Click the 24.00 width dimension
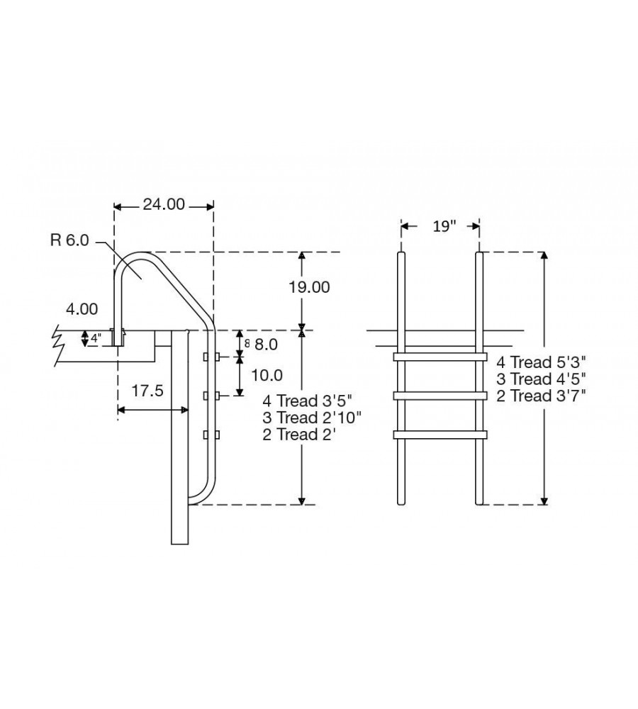(164, 204)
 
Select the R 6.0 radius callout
(69, 240)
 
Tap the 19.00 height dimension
(309, 286)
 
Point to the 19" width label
(445, 226)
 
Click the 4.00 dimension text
(82, 309)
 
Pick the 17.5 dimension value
(147, 391)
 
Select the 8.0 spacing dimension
(266, 345)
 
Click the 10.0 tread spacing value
(267, 375)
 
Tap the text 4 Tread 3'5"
(307, 401)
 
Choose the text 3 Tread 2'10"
(312, 418)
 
